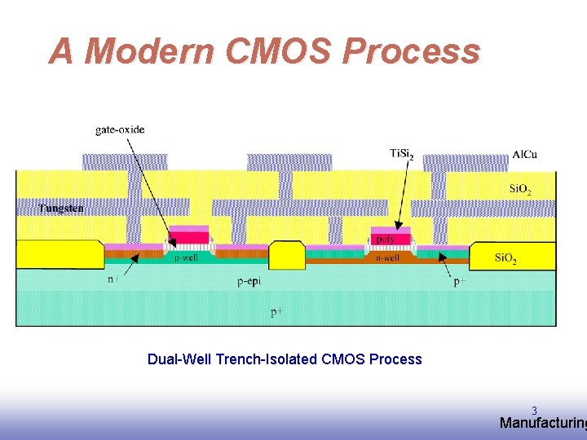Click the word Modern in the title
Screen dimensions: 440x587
click(x=148, y=51)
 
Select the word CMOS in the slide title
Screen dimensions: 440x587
click(x=278, y=51)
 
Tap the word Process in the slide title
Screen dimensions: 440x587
click(x=411, y=51)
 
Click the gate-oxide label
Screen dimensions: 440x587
click(x=120, y=129)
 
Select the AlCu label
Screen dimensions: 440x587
click(x=525, y=154)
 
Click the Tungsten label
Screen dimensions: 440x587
click(x=60, y=209)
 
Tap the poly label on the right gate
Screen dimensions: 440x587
click(x=385, y=240)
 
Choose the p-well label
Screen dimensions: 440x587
click(x=186, y=258)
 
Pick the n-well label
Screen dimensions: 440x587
click(x=387, y=258)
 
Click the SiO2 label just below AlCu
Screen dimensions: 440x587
click(x=520, y=190)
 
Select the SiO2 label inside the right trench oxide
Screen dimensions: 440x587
click(x=506, y=259)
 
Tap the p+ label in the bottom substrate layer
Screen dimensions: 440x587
click(x=277, y=312)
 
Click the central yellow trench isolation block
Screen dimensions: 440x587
click(x=286, y=254)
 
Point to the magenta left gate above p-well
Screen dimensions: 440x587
click(x=189, y=236)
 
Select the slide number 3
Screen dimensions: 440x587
click(x=534, y=411)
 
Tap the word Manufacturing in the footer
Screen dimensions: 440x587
click(x=542, y=424)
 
